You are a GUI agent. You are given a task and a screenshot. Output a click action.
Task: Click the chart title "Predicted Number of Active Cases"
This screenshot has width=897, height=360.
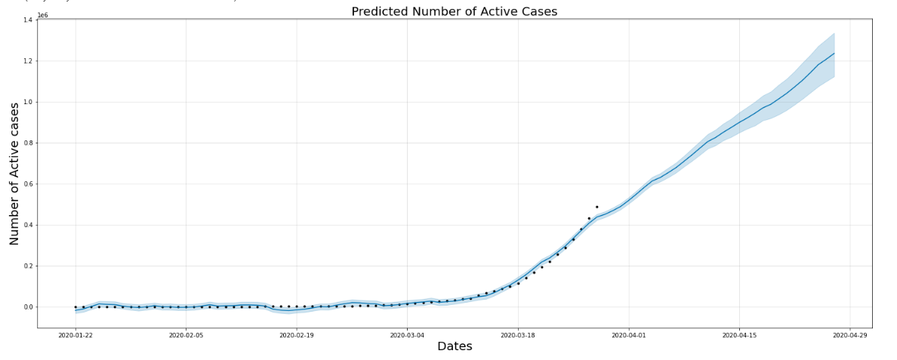point(454,11)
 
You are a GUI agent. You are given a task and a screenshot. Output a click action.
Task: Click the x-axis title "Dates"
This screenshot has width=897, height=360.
point(455,346)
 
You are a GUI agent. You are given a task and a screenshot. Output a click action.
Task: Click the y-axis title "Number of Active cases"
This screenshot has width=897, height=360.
point(15,174)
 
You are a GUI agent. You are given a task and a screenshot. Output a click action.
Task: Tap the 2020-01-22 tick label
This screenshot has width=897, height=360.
point(76,334)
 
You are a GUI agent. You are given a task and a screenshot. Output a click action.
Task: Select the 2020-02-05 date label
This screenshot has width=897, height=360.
point(186,334)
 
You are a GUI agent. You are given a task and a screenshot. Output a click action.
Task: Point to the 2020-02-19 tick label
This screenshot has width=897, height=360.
point(297,334)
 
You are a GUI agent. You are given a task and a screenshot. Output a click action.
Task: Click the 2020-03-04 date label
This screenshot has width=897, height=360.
point(408,334)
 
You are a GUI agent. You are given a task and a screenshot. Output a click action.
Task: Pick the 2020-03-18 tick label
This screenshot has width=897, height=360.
point(518,334)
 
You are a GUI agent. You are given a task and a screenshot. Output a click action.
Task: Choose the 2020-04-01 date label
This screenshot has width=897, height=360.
point(629,334)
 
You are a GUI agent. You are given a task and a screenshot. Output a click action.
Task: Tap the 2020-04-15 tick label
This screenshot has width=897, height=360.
point(740,334)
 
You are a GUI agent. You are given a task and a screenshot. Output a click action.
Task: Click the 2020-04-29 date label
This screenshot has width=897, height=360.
point(850,334)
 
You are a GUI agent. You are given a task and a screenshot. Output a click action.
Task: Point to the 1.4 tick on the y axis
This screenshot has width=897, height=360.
point(28,20)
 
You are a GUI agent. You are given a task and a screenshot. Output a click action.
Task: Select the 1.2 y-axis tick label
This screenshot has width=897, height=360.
point(28,61)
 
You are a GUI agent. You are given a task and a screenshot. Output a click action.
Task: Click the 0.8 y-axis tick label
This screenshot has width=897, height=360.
point(28,143)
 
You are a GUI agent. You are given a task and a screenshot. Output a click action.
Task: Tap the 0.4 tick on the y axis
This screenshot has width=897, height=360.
point(28,225)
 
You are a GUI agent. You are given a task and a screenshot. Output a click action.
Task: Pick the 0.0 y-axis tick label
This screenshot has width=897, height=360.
point(28,307)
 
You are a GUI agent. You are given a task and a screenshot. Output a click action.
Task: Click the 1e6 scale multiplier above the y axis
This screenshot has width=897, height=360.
point(43,15)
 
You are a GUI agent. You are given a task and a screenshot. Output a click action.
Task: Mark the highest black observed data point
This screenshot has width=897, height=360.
point(596,207)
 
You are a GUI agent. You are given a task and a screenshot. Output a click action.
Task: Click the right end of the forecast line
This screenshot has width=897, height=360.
point(834,54)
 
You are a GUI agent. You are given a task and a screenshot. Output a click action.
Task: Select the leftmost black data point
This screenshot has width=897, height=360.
point(76,307)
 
